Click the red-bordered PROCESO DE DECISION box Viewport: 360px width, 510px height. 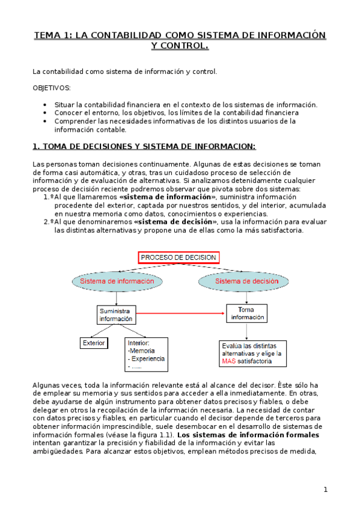click(178, 258)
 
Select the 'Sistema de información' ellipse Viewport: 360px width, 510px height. click(111, 281)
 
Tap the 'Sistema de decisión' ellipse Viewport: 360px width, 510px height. click(246, 281)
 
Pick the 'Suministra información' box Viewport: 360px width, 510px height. click(116, 315)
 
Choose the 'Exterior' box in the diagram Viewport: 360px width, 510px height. click(94, 343)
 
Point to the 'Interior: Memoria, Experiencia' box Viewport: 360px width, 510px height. click(146, 354)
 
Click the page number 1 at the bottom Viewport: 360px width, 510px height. click(325, 490)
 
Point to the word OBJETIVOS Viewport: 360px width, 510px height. click(52, 88)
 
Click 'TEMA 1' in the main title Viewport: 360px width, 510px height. click(52, 35)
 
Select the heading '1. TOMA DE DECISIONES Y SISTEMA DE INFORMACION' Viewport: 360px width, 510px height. click(144, 146)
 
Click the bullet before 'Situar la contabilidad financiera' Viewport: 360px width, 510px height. click(46, 105)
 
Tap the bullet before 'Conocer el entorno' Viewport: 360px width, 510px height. click(46, 112)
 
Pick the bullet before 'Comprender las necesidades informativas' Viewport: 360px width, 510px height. click(46, 121)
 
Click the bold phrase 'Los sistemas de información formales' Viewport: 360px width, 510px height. click(248, 435)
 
